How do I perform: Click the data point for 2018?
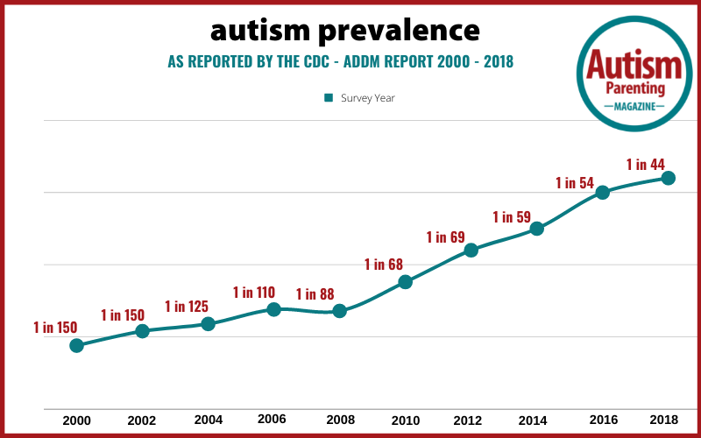[x=668, y=178]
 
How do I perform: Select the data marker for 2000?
[x=76, y=345]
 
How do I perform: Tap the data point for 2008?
[x=339, y=311]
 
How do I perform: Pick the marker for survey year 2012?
[x=471, y=250]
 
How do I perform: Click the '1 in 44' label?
[x=645, y=165]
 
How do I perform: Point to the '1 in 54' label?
[x=575, y=182]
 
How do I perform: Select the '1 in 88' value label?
[x=315, y=294]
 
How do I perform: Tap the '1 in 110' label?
[x=253, y=293]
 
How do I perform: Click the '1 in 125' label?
[x=187, y=306]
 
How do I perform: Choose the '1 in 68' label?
[x=384, y=265]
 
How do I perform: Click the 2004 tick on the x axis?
[x=208, y=420]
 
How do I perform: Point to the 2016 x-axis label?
[x=604, y=420]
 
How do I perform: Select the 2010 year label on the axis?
[x=406, y=420]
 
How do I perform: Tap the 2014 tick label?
[x=533, y=420]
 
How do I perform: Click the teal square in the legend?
[x=329, y=98]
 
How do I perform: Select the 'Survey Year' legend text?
[x=367, y=98]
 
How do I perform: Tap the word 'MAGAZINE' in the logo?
[x=634, y=107]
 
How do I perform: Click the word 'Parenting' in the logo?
[x=634, y=88]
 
